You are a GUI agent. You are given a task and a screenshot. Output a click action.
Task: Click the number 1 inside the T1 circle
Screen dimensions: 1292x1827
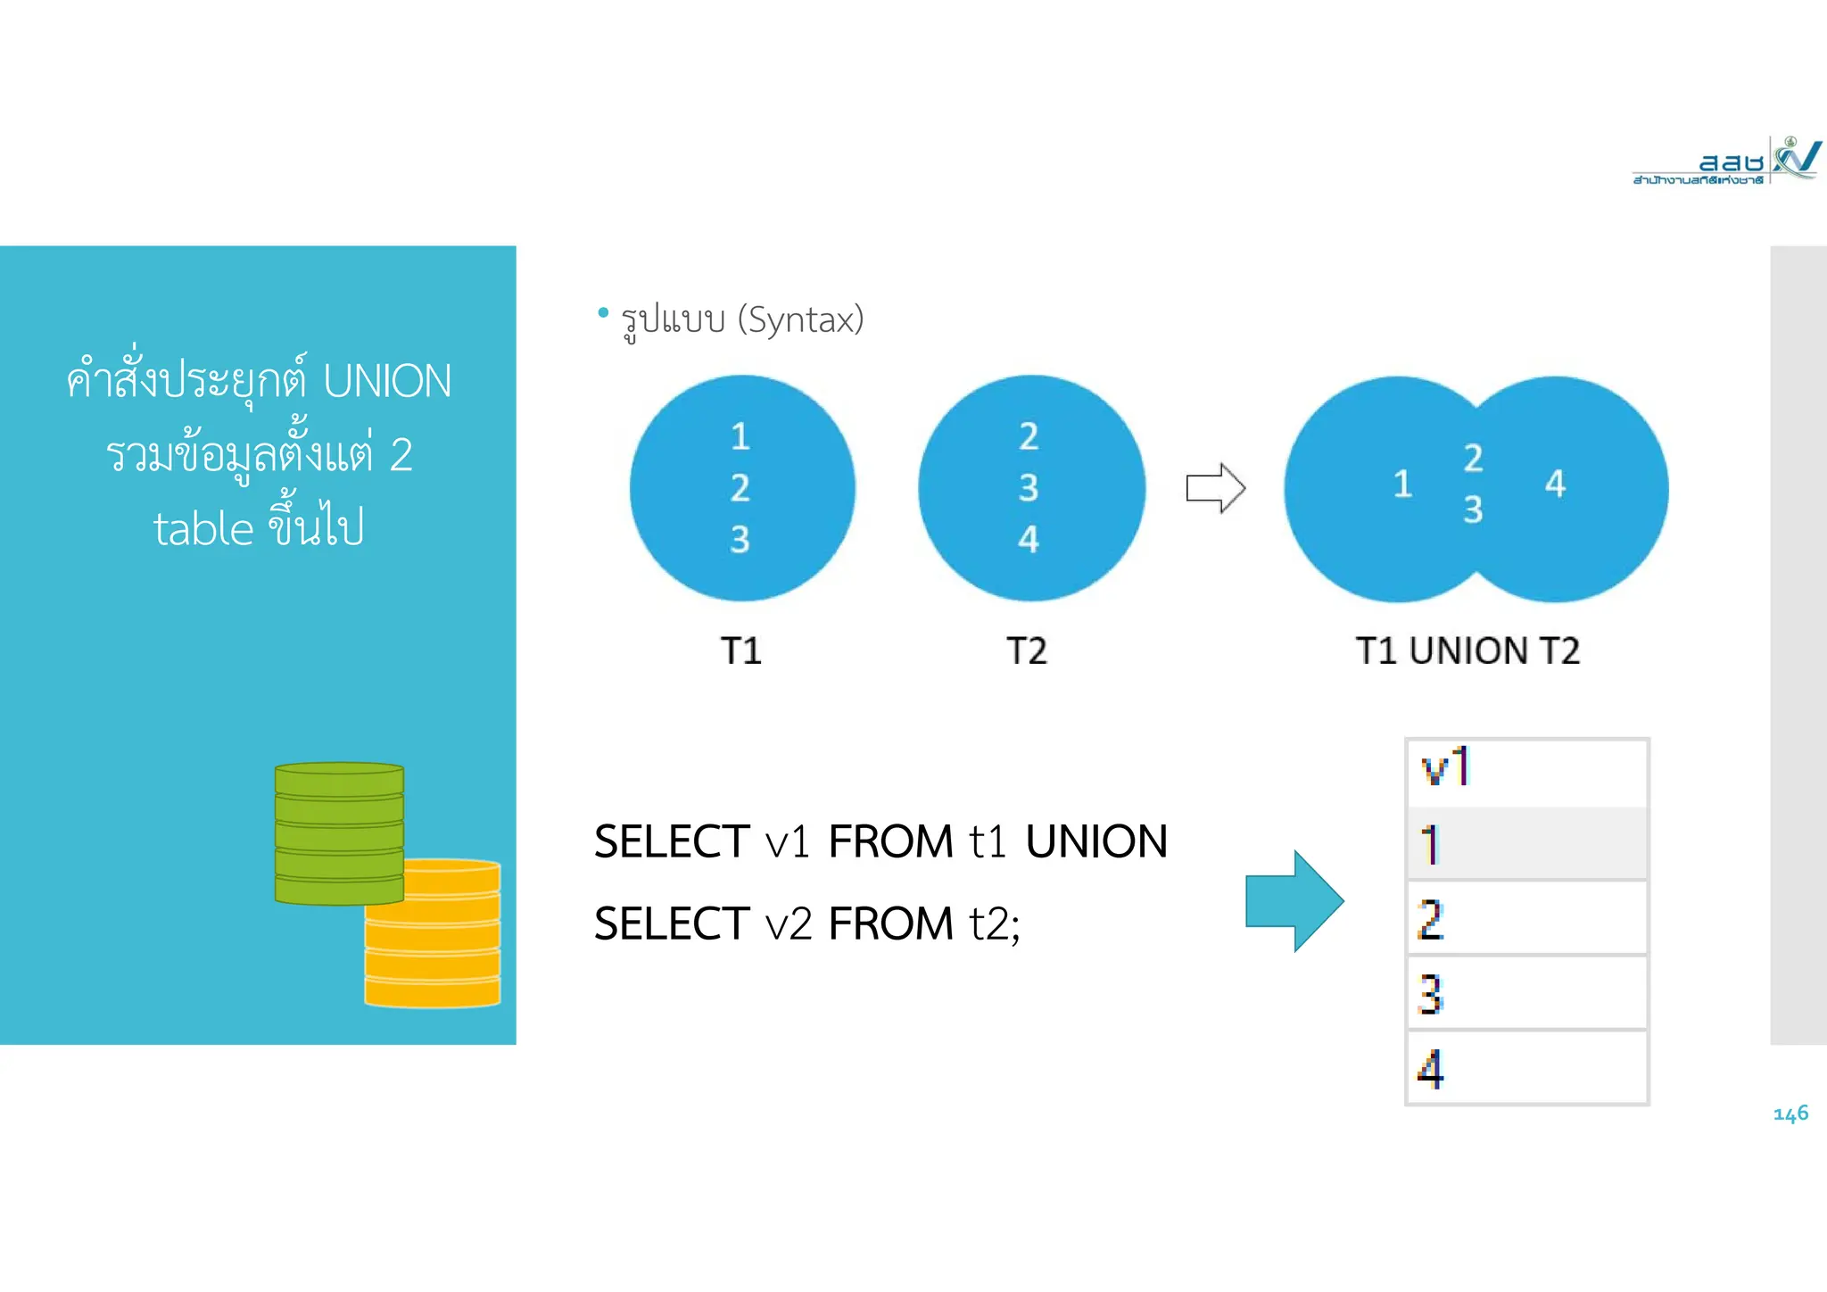(740, 437)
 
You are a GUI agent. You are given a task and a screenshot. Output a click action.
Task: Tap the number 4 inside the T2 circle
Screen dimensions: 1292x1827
(1029, 539)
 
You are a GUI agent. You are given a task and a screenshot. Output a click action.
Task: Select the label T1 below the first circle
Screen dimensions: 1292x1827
(740, 650)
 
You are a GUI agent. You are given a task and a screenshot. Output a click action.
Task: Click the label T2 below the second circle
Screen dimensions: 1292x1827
(1027, 650)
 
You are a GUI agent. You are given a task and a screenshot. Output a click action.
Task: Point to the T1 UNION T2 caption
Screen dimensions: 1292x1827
(1467, 650)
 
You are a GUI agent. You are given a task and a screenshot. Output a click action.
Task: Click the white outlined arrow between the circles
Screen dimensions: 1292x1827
(1215, 488)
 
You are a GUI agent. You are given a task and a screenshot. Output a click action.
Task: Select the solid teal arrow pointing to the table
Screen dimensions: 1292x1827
(1294, 901)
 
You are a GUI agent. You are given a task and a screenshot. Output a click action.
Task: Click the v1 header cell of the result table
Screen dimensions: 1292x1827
(1526, 769)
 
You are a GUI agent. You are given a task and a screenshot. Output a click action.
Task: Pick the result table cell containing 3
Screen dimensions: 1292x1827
(1526, 993)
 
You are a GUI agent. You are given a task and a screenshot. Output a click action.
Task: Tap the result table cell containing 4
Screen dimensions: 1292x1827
(1526, 1068)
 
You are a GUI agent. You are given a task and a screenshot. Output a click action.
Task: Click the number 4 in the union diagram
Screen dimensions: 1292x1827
(1555, 484)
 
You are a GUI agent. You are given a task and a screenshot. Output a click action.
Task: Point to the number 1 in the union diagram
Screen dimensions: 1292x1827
(1402, 484)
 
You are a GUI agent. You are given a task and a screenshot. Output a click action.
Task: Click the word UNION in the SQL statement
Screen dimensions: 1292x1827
(1096, 841)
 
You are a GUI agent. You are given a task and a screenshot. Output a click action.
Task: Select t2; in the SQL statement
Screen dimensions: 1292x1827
(995, 923)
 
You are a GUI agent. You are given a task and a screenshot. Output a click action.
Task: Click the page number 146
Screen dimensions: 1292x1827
(1790, 1114)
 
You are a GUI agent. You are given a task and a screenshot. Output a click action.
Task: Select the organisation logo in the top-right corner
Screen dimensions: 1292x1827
(1725, 161)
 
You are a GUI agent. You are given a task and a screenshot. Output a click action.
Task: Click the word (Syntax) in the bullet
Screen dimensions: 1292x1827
(800, 319)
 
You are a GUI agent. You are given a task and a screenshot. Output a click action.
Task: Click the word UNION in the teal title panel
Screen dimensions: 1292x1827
(387, 381)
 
